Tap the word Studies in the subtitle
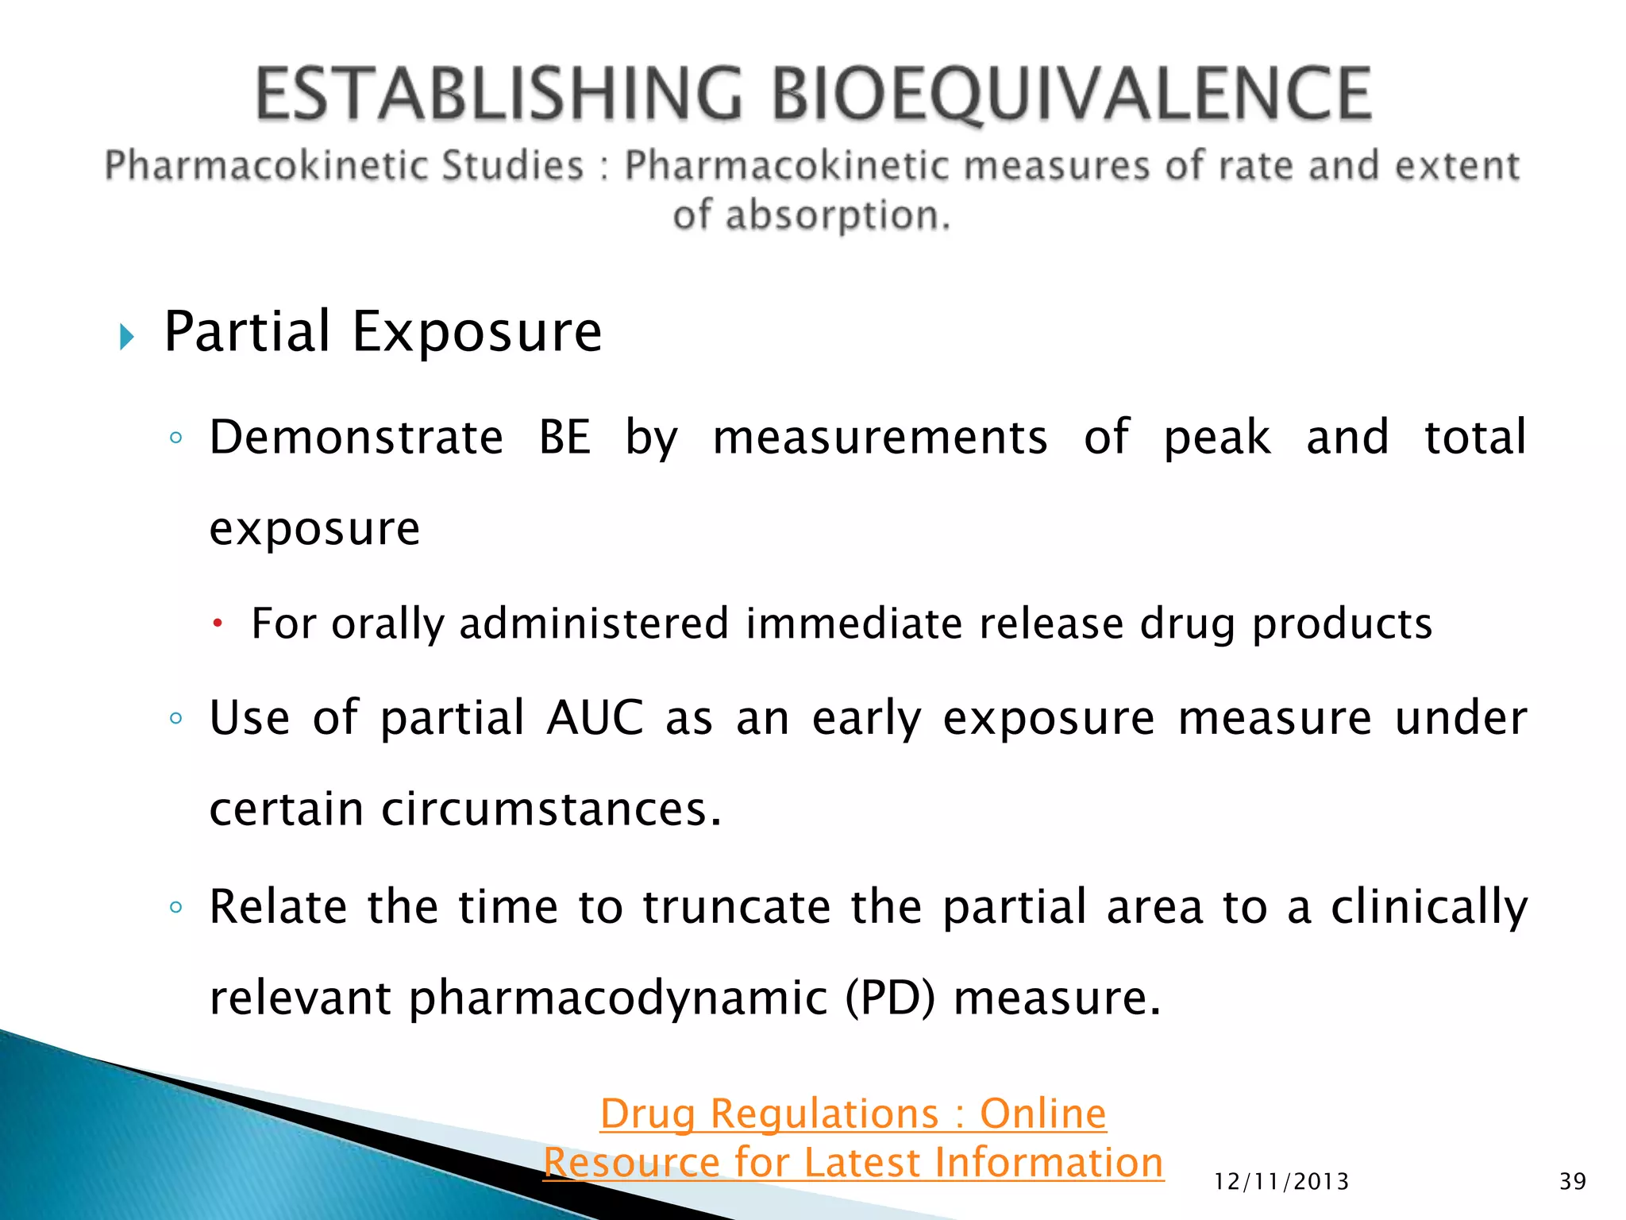[x=512, y=166]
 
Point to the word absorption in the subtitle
[x=837, y=215]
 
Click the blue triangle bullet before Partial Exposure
[x=126, y=337]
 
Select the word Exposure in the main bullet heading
[x=476, y=332]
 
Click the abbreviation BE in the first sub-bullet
[x=564, y=438]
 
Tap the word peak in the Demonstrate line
[x=1216, y=438]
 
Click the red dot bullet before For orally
[x=217, y=624]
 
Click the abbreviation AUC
[x=595, y=718]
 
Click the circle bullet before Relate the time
[x=176, y=907]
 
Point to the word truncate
[x=736, y=907]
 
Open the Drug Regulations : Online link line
[x=853, y=1114]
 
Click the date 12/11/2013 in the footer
[x=1281, y=1182]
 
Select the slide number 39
[x=1572, y=1182]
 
